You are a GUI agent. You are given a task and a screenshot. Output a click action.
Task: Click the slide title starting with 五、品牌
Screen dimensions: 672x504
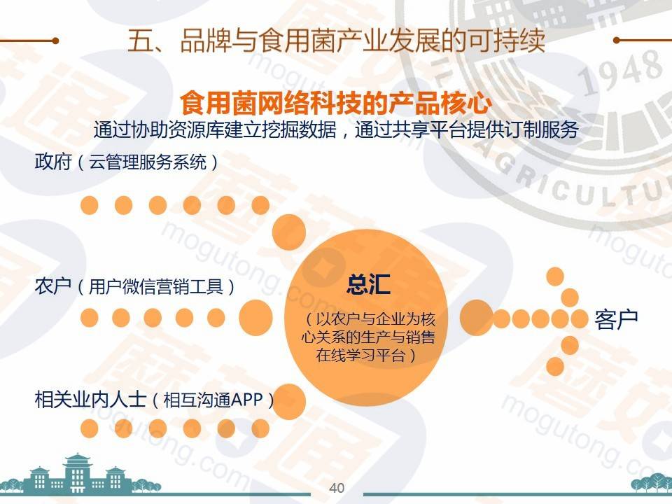coord(337,41)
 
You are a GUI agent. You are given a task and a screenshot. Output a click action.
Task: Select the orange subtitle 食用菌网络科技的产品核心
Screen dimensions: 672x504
coord(336,104)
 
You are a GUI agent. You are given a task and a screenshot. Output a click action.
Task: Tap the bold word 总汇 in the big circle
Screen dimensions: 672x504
coord(368,285)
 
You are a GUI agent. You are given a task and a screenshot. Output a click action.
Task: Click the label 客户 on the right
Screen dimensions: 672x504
coord(616,319)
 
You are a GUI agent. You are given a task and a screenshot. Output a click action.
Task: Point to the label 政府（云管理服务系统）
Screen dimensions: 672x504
coord(127,162)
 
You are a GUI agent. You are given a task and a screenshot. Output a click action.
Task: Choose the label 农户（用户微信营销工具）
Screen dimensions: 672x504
coord(135,286)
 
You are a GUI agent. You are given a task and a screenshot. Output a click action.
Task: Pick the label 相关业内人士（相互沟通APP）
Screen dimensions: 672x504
coord(154,400)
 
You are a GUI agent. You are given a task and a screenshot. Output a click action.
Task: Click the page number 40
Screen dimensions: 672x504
coord(337,488)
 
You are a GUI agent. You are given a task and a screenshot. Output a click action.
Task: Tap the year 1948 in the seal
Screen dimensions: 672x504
coord(620,71)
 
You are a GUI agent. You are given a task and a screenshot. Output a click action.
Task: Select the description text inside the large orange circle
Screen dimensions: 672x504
coord(368,337)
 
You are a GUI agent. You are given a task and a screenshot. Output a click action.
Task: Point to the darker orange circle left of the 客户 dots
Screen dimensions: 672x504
coord(476,318)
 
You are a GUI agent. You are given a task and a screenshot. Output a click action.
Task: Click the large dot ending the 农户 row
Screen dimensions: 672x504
coord(256,318)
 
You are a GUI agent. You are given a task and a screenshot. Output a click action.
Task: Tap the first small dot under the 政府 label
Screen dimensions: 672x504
coord(89,205)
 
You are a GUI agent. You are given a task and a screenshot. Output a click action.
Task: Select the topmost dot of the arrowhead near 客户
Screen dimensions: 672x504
coord(555,276)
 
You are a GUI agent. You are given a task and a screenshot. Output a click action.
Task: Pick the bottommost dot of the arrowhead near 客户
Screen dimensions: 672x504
coord(555,367)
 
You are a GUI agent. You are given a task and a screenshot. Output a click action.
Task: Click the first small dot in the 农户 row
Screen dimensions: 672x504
coord(89,318)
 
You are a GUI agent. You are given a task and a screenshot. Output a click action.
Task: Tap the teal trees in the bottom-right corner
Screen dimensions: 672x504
coord(652,484)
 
